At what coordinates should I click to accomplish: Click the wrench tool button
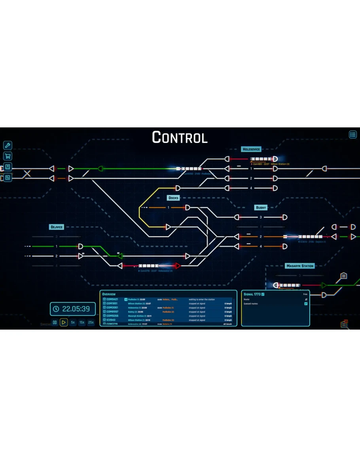(8, 145)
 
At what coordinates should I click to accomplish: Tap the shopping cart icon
(8, 156)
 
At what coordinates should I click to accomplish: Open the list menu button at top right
(353, 135)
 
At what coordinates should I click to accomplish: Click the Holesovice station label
(251, 149)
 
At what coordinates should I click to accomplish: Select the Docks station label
(173, 198)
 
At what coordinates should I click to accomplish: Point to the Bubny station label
(261, 207)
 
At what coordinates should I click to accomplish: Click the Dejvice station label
(57, 227)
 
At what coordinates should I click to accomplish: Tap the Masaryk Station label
(299, 266)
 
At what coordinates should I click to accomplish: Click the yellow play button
(64, 322)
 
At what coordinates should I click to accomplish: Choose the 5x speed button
(73, 322)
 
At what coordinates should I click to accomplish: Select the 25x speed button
(91, 322)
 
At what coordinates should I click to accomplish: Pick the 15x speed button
(82, 322)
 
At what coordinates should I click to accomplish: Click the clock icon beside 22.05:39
(56, 309)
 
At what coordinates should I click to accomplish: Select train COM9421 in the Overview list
(112, 300)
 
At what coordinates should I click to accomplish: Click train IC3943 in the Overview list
(112, 320)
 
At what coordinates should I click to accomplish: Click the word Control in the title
(180, 137)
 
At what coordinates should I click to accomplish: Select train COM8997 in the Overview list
(112, 312)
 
